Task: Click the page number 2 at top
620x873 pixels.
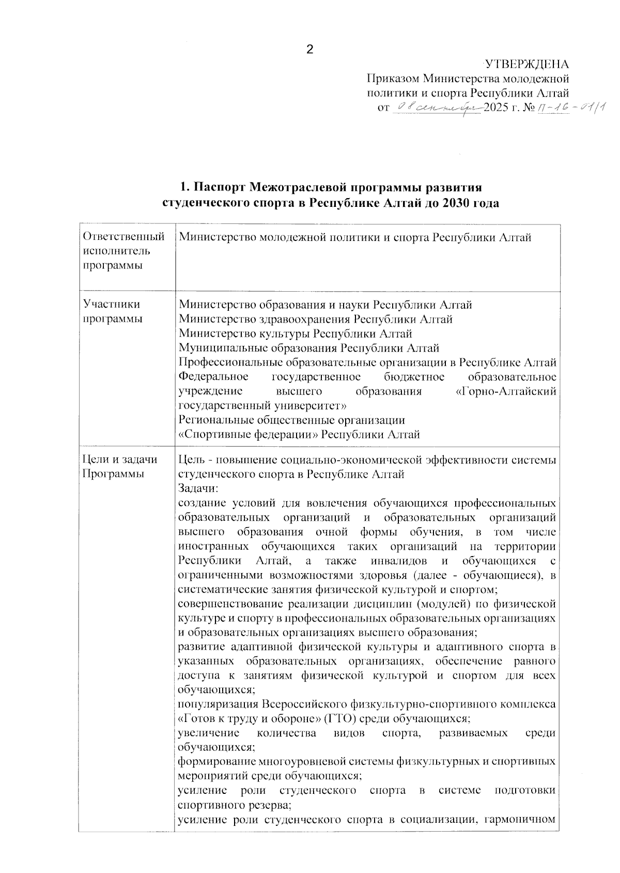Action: tap(310, 50)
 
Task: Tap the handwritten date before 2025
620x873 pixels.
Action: tap(437, 108)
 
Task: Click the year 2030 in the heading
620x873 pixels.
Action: tap(454, 203)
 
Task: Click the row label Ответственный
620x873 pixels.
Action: tap(123, 237)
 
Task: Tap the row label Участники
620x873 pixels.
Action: tap(111, 304)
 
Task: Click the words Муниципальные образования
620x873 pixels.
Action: tap(258, 348)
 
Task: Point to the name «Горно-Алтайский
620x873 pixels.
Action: tap(506, 392)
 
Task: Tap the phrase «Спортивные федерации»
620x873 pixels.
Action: tap(248, 434)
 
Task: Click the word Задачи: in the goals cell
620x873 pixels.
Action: tap(198, 488)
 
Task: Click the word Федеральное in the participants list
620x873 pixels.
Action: tap(213, 377)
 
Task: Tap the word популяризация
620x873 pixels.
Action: tap(218, 704)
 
